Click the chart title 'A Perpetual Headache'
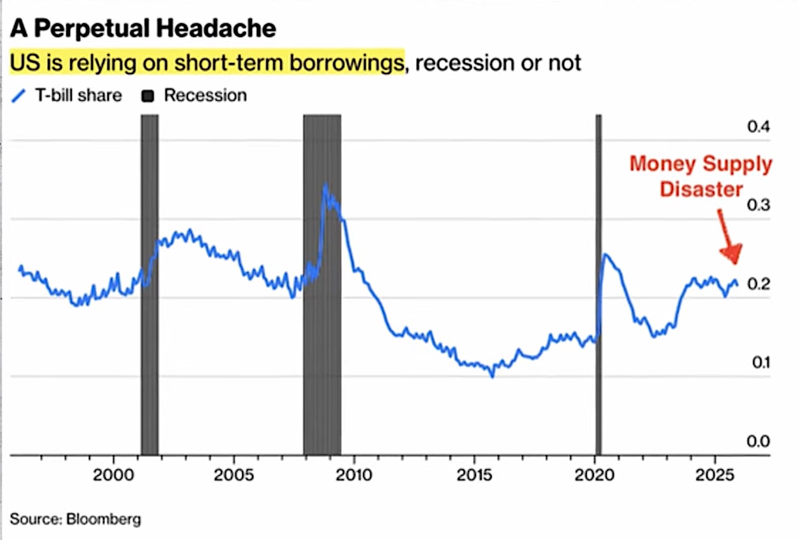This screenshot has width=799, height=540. (x=143, y=28)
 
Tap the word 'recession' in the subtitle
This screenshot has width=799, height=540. (x=465, y=63)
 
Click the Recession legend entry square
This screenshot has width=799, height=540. (x=148, y=96)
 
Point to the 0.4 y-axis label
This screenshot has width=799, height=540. (x=758, y=127)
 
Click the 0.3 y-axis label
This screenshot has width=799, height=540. (x=758, y=205)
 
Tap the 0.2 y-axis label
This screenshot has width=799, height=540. (x=758, y=284)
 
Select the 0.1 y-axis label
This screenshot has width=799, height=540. (x=760, y=362)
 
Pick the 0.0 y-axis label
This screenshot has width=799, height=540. (x=758, y=441)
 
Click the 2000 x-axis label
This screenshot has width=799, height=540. (x=113, y=475)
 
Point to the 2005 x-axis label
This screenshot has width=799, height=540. (x=234, y=475)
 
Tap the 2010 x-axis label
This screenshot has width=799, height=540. (x=354, y=475)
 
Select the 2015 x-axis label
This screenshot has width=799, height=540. (x=474, y=475)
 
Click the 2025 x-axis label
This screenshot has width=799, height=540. (x=714, y=475)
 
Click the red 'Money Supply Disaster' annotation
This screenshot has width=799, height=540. (x=701, y=176)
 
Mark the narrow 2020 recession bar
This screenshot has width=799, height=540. (x=598, y=277)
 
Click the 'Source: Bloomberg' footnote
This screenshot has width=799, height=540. (x=76, y=519)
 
